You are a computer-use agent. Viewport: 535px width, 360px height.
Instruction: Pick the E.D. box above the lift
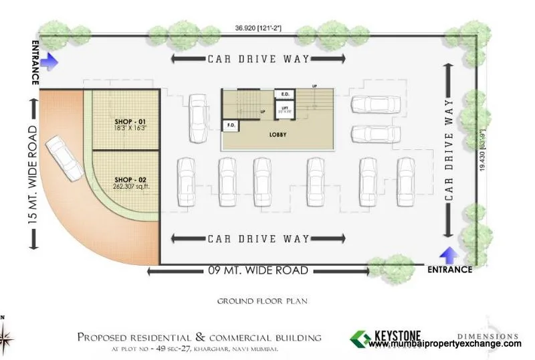284,94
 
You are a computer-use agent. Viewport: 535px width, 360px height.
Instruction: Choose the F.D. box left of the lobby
231,125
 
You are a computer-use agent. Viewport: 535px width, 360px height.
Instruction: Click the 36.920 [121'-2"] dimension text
257,29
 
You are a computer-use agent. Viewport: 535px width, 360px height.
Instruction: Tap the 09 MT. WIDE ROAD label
257,271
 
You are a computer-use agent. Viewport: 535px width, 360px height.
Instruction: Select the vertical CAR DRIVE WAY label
450,150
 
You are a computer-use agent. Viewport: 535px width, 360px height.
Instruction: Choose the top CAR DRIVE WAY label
258,59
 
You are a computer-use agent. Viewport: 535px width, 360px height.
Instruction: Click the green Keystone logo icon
362,338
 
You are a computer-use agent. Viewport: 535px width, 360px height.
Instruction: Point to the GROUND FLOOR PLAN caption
261,301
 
